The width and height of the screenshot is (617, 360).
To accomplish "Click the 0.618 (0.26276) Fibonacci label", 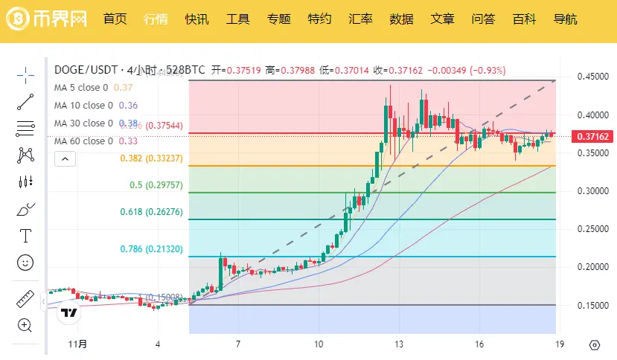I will [151, 212].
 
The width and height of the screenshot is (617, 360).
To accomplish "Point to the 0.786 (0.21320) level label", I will [151, 249].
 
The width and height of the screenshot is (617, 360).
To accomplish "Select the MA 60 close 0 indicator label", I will [83, 141].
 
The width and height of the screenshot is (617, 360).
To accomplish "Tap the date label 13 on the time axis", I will [400, 344].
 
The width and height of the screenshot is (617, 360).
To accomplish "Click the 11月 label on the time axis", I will [77, 344].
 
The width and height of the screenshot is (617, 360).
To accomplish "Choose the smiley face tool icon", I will [25, 262].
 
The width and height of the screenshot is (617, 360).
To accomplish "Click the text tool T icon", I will [25, 236].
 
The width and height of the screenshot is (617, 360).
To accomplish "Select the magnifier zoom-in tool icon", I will [25, 325].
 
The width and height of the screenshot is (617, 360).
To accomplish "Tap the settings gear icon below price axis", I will [594, 344].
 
